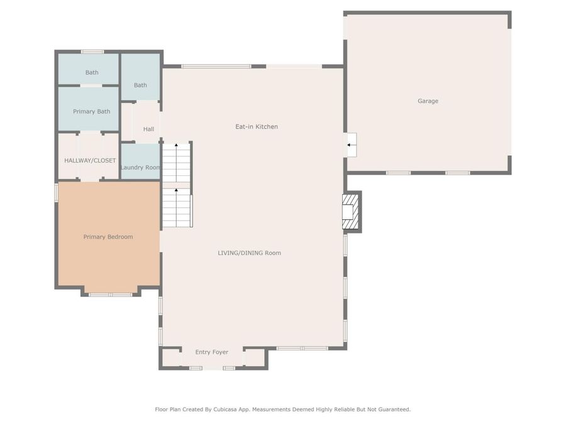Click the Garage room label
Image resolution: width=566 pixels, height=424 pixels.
pyautogui.click(x=428, y=101)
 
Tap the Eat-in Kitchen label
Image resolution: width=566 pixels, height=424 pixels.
pyautogui.click(x=257, y=127)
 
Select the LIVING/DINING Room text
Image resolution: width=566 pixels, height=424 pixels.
pyautogui.click(x=249, y=253)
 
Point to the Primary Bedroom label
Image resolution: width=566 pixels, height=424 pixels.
pyautogui.click(x=108, y=237)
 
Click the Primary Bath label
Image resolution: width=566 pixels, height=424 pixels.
pyautogui.click(x=92, y=112)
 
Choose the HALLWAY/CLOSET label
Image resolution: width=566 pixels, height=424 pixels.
pyautogui.click(x=90, y=161)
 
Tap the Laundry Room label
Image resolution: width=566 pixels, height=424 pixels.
pyautogui.click(x=140, y=168)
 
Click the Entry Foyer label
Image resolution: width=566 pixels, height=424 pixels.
pyautogui.click(x=211, y=352)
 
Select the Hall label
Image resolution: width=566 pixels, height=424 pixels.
pyautogui.click(x=148, y=129)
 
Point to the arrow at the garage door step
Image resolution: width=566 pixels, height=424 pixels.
pyautogui.click(x=350, y=145)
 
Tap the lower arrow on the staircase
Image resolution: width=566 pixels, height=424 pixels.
pyautogui.click(x=177, y=191)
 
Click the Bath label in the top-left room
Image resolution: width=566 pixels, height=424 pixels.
pyautogui.click(x=92, y=73)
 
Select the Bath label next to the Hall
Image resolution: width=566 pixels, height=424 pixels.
pyautogui.click(x=140, y=85)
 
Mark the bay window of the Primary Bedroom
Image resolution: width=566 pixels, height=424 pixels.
pyautogui.click(x=110, y=294)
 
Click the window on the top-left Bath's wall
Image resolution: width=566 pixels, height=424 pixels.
pyautogui.click(x=92, y=52)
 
